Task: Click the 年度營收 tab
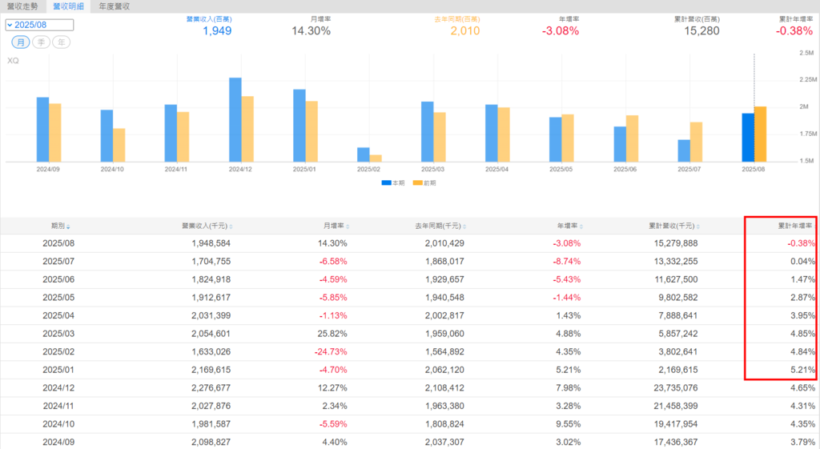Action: point(115,6)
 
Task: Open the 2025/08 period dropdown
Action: point(39,25)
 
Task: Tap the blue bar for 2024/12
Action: point(235,120)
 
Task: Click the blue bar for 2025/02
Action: point(364,154)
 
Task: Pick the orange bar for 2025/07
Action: point(696,142)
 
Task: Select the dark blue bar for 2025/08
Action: point(748,137)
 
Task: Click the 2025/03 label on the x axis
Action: point(433,170)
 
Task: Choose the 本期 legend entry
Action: point(392,183)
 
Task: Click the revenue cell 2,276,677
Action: point(211,387)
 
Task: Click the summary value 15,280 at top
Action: point(701,31)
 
